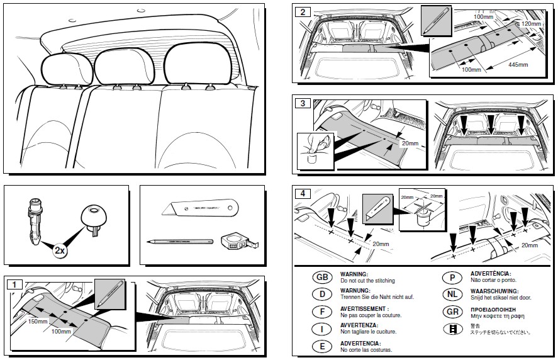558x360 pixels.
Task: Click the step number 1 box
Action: [x=13, y=284]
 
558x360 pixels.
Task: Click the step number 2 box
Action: [x=303, y=11]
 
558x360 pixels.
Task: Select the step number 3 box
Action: [x=303, y=103]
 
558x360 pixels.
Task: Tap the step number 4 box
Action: [x=303, y=193]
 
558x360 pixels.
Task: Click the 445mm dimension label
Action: [x=518, y=64]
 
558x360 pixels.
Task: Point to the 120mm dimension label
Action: [x=531, y=23]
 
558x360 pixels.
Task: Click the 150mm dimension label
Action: [x=38, y=322]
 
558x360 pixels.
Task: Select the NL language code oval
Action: [x=452, y=294]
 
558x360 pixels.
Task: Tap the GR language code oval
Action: [x=452, y=312]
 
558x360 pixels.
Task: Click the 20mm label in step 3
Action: [x=409, y=143]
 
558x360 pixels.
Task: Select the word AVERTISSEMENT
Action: [x=364, y=309]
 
